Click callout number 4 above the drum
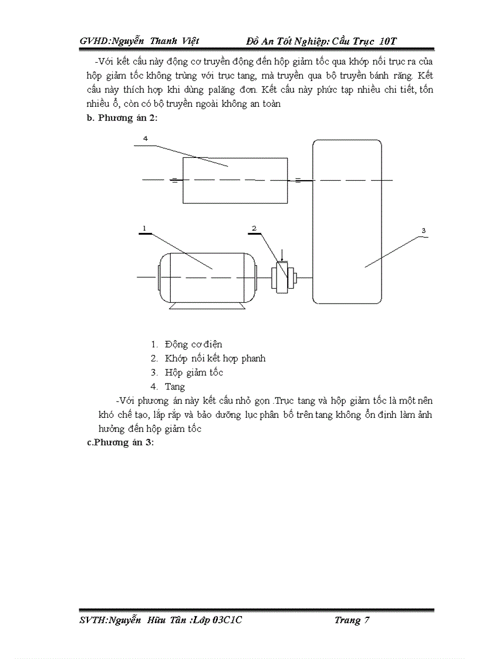(x=145, y=138)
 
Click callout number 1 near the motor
(x=143, y=228)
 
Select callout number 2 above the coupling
(x=254, y=228)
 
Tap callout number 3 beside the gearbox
(x=423, y=231)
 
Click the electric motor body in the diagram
(x=207, y=276)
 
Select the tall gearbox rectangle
(x=347, y=222)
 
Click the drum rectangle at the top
(x=235, y=180)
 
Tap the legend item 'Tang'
(x=175, y=387)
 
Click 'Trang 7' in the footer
(x=352, y=620)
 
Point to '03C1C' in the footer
(x=228, y=620)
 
